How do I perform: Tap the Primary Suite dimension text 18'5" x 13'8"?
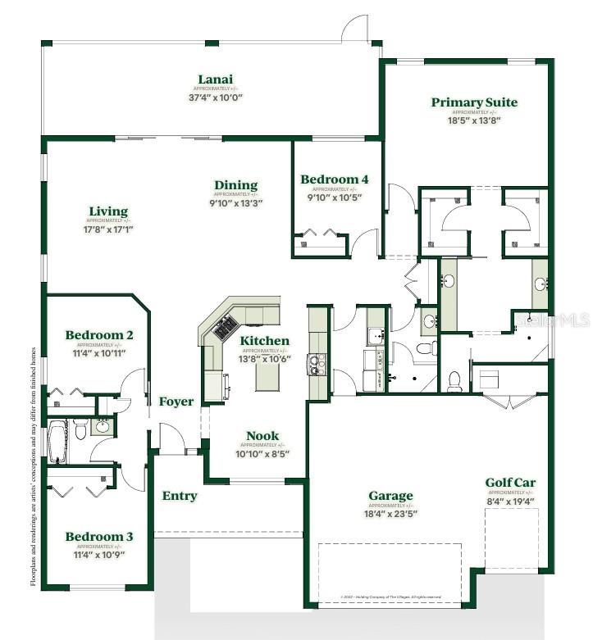pyautogui.click(x=474, y=120)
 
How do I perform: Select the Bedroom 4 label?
pyautogui.click(x=334, y=179)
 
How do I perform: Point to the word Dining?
pyautogui.click(x=236, y=185)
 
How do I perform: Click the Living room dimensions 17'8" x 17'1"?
pyautogui.click(x=108, y=229)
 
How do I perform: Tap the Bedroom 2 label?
pyautogui.click(x=99, y=334)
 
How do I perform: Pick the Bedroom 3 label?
pyautogui.click(x=99, y=537)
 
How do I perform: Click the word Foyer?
pyautogui.click(x=176, y=402)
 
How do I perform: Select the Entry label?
pyautogui.click(x=180, y=496)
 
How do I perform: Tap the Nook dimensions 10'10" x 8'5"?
pyautogui.click(x=262, y=454)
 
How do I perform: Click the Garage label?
pyautogui.click(x=390, y=496)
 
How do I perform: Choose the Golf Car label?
pyautogui.click(x=510, y=483)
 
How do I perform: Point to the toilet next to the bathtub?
pyautogui.click(x=80, y=429)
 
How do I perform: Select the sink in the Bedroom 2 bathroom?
pyautogui.click(x=103, y=425)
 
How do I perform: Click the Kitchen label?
pyautogui.click(x=264, y=340)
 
